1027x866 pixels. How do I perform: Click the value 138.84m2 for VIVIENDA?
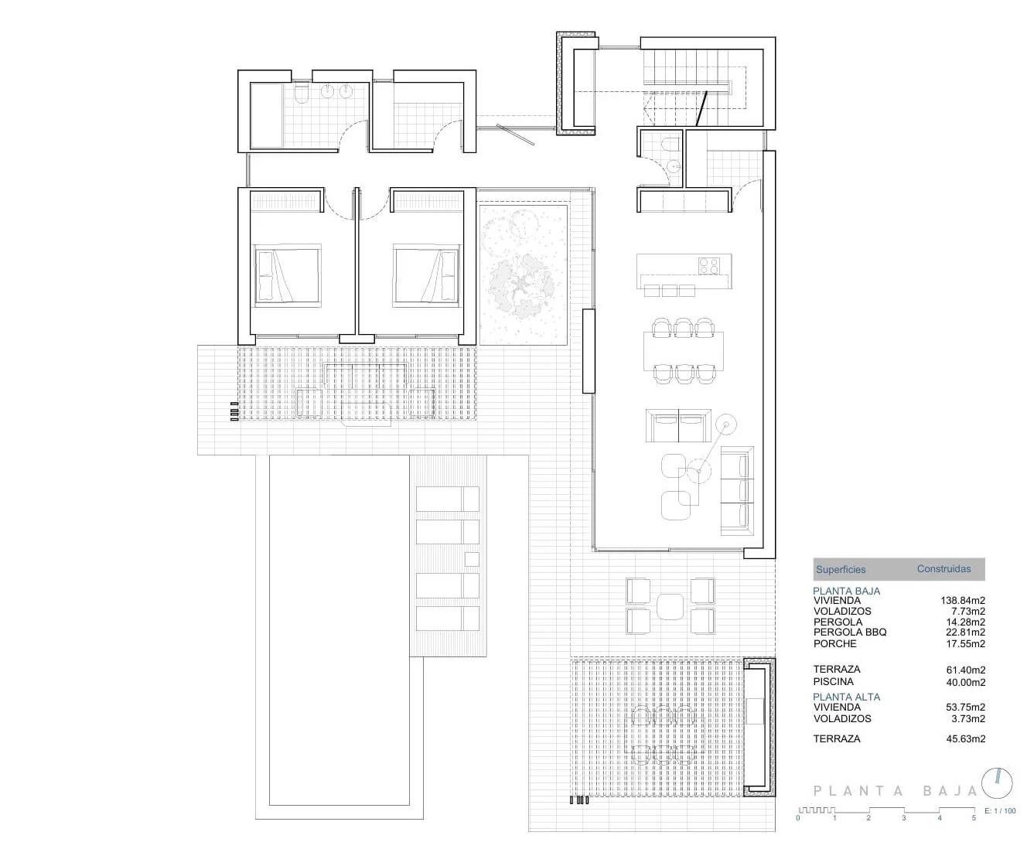coord(963,600)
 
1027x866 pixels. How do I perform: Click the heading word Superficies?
coord(841,570)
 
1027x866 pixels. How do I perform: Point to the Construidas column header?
coord(943,569)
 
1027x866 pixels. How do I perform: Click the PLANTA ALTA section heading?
coord(846,697)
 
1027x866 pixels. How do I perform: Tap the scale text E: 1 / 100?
coord(1001,811)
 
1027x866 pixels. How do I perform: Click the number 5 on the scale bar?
coord(974,817)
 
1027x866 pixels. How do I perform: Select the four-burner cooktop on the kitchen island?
coord(709,266)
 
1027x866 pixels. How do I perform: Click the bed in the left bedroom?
coord(287,274)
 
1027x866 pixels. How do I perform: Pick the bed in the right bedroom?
coord(425,274)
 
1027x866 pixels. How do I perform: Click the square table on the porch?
coord(670,605)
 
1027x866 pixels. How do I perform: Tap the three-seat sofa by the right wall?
coord(736,490)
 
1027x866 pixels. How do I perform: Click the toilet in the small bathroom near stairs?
coord(670,145)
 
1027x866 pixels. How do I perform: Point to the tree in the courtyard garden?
coord(522,286)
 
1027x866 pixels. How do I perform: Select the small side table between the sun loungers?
coord(471,558)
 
